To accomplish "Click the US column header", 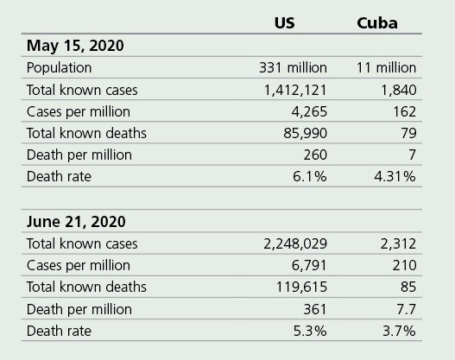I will (x=284, y=22).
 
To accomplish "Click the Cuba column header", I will (x=377, y=22).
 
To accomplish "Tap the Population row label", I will (x=59, y=67).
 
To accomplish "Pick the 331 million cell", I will (x=293, y=67).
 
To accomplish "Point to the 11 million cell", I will (x=386, y=67).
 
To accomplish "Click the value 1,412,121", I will (x=294, y=90).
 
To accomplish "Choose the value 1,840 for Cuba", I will (x=398, y=90).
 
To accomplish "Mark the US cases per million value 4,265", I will (x=310, y=111).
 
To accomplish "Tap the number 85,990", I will (x=306, y=133).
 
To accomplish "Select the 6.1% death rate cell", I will (x=310, y=177).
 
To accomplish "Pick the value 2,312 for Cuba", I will (x=398, y=244).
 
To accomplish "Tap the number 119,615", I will (x=302, y=287).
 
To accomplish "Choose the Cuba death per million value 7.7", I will (x=404, y=308).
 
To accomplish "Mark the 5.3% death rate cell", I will (x=310, y=331).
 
